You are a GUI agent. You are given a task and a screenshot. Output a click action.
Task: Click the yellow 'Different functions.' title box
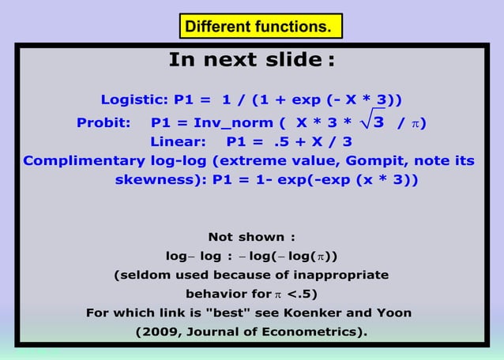tap(258, 27)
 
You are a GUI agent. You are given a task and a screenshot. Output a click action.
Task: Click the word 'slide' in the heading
tap(290, 60)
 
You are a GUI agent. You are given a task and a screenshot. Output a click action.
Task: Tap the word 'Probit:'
tap(103, 123)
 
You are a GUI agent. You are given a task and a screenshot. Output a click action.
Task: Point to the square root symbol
tap(368, 120)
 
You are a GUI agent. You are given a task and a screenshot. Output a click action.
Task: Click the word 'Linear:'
tap(178, 143)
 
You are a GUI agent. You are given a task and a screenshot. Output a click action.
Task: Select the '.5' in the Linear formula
tap(278, 143)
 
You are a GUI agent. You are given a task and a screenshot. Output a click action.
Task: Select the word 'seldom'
tap(143, 276)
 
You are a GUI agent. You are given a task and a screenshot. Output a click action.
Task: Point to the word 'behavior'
tap(213, 294)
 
